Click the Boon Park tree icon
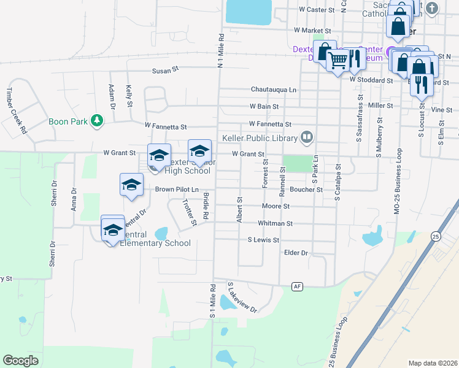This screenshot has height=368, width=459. (x=96, y=121)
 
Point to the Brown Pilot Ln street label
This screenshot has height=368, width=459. (x=177, y=190)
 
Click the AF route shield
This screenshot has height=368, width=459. (x=298, y=286)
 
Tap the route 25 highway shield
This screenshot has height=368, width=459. (x=436, y=236)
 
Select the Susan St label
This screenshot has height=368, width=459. (x=165, y=71)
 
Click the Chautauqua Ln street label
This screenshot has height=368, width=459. (x=273, y=90)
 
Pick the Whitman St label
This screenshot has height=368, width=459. (x=276, y=224)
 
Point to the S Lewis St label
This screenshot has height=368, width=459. (x=263, y=240)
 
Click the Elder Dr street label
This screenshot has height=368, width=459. (x=296, y=253)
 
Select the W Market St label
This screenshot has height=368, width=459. (x=312, y=30)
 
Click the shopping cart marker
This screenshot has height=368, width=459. (x=337, y=61)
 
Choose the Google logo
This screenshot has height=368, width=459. (x=20, y=361)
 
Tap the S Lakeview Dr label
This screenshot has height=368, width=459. (x=241, y=297)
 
